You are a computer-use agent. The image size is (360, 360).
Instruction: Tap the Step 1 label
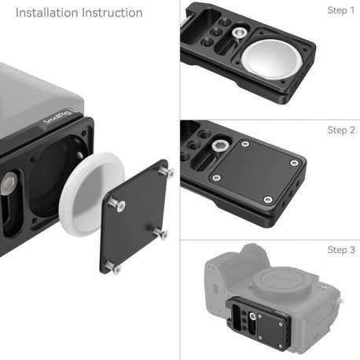coord(341,10)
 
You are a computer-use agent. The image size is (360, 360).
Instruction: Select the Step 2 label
coord(341,130)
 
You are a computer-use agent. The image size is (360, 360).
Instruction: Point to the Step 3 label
coord(341,249)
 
